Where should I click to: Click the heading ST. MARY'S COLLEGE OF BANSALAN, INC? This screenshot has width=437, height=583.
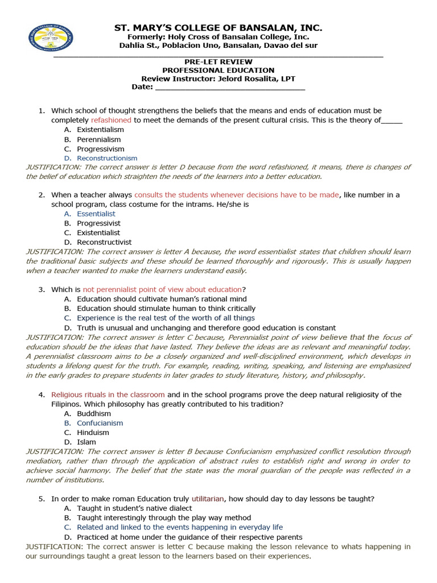pos(218,27)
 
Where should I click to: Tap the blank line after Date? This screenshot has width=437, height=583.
pos(230,87)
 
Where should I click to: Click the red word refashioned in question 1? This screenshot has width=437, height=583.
pos(111,120)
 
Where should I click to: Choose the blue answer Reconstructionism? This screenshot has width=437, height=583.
pos(107,158)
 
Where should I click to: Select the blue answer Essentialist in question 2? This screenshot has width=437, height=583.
pos(96,214)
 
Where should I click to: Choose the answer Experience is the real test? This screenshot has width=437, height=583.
pos(166,318)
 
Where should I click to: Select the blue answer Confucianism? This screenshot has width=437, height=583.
pos(100,423)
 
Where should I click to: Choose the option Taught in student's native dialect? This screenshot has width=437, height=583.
pos(134,508)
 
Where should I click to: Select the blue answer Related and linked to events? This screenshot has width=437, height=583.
pos(180,527)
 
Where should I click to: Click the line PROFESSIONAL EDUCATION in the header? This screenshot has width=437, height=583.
pos(218,70)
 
